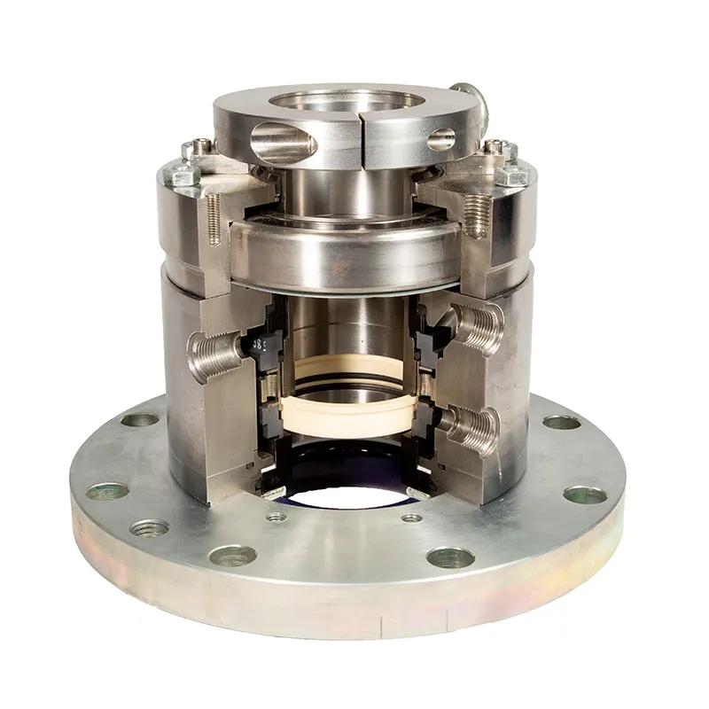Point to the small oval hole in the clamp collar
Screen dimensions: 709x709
(440, 139)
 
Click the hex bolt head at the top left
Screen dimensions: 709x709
(186, 175)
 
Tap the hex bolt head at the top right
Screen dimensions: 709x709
(511, 175)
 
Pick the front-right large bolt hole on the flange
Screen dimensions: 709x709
(449, 557)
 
